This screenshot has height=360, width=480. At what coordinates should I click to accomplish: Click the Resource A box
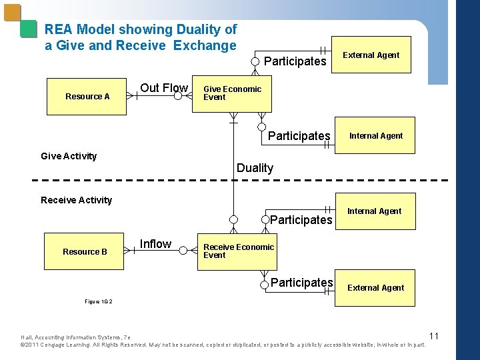[x=87, y=97]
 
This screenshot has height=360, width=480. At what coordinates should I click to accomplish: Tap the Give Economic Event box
[x=232, y=93]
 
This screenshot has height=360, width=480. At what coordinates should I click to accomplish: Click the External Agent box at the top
[x=371, y=55]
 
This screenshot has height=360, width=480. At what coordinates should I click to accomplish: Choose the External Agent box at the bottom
[x=375, y=288]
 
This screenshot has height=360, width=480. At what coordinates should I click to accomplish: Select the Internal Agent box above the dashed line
[x=376, y=136]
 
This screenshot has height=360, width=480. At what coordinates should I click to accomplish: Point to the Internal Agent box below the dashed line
[x=374, y=211]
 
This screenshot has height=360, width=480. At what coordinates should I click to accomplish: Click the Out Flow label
[x=163, y=88]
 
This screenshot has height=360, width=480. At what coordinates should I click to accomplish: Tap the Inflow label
[x=155, y=244]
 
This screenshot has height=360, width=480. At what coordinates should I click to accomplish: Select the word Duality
[x=255, y=168]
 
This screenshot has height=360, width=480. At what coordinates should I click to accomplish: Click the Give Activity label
[x=69, y=156]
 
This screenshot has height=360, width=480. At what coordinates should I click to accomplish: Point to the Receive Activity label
[x=76, y=200]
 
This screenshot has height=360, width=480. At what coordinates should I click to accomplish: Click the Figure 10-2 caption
[x=98, y=301]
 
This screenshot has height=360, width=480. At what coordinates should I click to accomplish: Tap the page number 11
[x=433, y=335]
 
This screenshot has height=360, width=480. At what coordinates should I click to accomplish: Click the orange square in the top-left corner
[x=12, y=13]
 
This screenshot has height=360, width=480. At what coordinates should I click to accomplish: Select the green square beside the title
[x=28, y=29]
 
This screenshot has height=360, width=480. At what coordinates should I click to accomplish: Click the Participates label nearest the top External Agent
[x=295, y=61]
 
